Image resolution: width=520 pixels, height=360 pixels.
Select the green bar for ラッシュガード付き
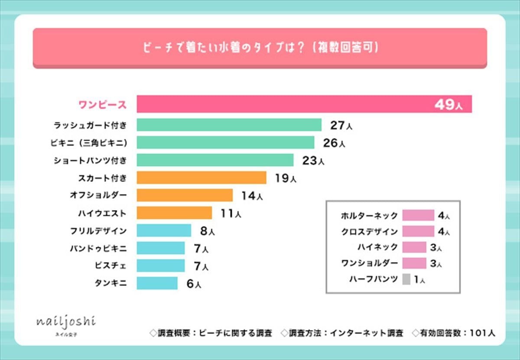click(229, 125)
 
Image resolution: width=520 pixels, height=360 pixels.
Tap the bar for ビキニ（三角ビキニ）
click(225, 143)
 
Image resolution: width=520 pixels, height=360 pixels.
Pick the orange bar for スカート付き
click(201, 178)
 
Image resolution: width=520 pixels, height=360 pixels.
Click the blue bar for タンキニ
click(157, 283)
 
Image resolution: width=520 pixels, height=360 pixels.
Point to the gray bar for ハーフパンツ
click(406, 279)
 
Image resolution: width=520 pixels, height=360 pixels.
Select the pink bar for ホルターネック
click(418, 215)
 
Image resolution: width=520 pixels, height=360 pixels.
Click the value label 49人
click(448, 105)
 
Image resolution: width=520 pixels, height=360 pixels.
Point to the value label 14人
click(252, 196)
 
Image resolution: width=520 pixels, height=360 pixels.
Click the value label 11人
click(231, 213)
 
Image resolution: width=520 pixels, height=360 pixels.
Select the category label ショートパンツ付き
click(90, 160)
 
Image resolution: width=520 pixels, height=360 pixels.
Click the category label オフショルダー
click(98, 195)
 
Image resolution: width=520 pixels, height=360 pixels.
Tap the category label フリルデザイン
click(98, 230)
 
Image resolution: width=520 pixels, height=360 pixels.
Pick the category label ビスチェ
click(110, 265)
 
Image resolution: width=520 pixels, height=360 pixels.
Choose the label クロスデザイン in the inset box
click(369, 231)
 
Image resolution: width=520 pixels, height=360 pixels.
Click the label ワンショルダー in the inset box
click(369, 263)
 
